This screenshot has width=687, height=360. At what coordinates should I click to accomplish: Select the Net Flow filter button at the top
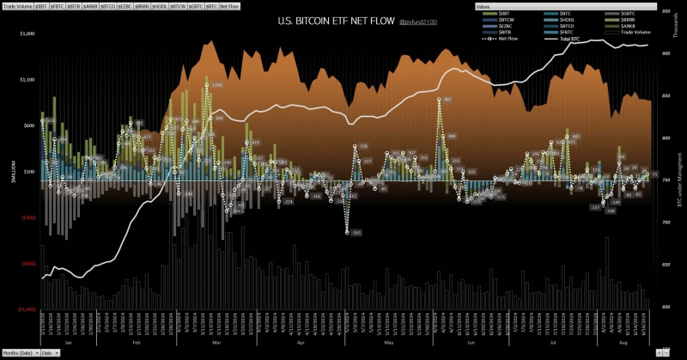tap(230, 6)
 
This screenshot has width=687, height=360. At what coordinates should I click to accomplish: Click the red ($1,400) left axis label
tap(26, 308)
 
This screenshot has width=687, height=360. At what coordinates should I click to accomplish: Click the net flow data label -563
tap(354, 233)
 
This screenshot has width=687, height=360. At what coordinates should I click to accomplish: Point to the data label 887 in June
tap(447, 100)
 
